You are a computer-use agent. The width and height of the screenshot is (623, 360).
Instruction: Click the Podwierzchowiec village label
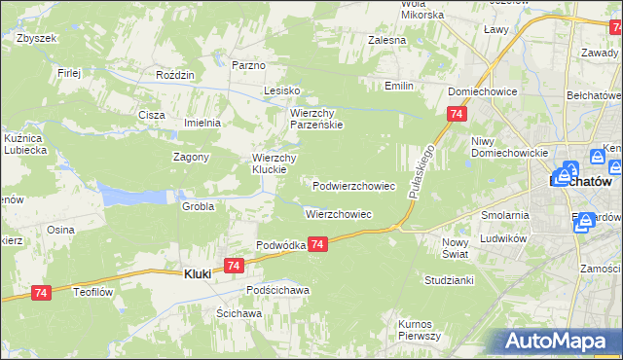353,185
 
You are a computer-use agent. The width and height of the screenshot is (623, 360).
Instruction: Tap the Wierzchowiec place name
339,213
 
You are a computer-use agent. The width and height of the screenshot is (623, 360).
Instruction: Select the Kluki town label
198,274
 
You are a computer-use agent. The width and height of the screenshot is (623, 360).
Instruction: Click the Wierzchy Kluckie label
274,163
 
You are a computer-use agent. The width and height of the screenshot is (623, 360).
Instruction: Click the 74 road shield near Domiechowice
456,115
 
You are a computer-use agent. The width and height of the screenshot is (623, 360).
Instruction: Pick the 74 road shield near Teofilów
40,291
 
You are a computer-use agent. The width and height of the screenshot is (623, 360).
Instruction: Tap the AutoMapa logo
559,342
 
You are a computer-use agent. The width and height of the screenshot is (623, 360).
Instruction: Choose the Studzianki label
449,279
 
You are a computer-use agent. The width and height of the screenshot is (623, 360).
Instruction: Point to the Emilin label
399,86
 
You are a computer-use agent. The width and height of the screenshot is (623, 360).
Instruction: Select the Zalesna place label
386,41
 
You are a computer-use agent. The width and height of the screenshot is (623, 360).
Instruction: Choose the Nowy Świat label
456,247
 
